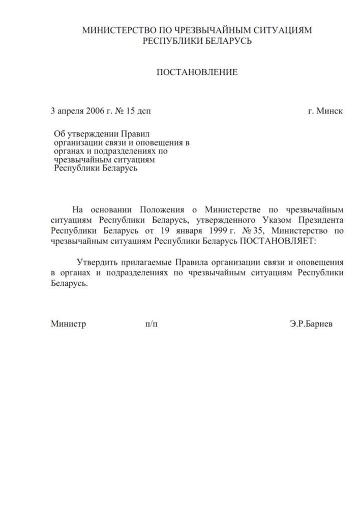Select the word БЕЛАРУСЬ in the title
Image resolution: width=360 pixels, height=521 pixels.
pos(228,41)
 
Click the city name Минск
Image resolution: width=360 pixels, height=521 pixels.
pos(329,110)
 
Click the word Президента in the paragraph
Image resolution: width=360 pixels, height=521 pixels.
pos(318,220)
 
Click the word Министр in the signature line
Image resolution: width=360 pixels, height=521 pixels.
pos(68,323)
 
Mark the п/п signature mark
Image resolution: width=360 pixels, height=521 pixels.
pos(151,323)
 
